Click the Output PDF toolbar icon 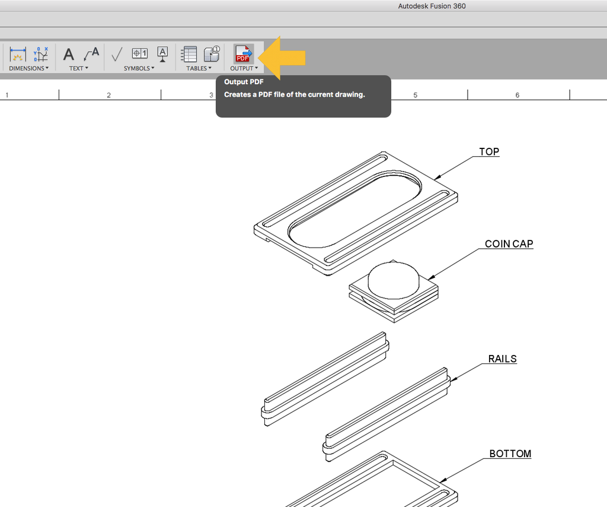(244, 54)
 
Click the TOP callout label (489, 152)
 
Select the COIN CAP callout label (509, 244)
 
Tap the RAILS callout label (502, 359)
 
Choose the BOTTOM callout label (510, 454)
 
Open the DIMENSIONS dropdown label (28, 68)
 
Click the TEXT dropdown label (78, 68)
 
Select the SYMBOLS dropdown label (139, 68)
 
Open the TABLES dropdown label (199, 68)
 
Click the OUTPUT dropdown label (244, 68)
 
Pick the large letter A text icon (69, 55)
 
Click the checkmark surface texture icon (117, 55)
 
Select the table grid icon (189, 54)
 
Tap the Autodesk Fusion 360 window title (432, 7)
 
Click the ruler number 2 (108, 95)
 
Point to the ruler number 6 (517, 95)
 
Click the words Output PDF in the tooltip (244, 82)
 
